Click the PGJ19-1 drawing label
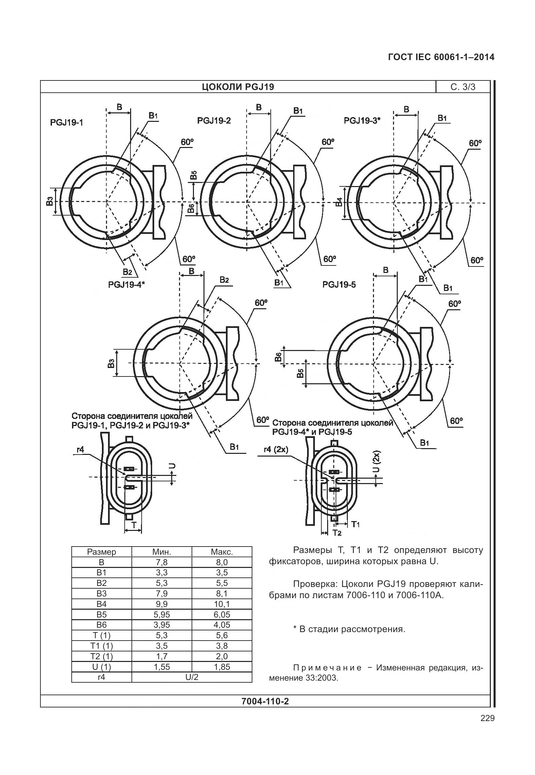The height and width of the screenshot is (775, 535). tap(67, 122)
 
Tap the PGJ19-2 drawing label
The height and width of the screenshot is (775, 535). tap(214, 121)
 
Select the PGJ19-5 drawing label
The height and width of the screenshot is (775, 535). tap(339, 284)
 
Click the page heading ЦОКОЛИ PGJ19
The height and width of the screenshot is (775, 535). tap(238, 87)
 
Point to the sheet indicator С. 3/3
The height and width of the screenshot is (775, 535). tap(463, 87)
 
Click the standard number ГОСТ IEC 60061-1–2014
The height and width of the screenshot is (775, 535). tap(441, 57)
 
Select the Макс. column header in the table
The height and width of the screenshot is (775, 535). tap(222, 552)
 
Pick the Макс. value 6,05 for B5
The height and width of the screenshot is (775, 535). tap(222, 614)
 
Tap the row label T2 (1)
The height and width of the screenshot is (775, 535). tap(102, 656)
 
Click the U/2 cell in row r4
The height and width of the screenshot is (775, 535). tap(192, 677)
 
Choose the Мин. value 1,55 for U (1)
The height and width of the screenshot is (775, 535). tap(162, 667)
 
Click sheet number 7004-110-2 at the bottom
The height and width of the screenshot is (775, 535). tap(265, 701)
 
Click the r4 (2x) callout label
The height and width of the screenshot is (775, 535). tap(276, 449)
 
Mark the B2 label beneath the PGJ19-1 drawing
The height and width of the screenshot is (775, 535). tap(127, 272)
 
